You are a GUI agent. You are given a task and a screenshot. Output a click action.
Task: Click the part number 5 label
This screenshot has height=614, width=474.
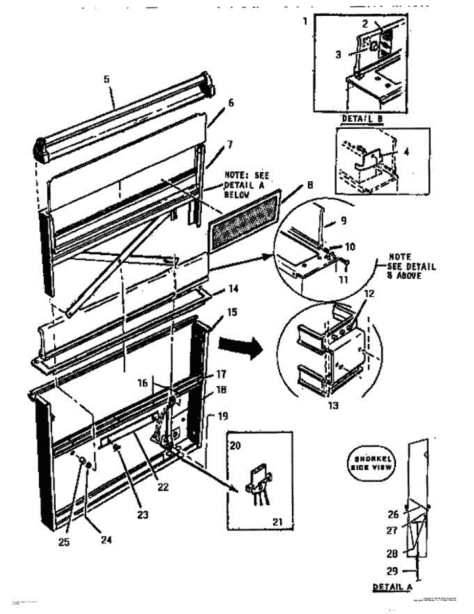[106, 79]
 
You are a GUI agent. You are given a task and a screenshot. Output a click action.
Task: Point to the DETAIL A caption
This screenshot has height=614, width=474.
[392, 586]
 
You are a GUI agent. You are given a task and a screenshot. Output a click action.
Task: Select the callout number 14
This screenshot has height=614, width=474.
[233, 290]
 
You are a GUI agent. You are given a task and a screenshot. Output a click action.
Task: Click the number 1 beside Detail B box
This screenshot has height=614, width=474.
[305, 21]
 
